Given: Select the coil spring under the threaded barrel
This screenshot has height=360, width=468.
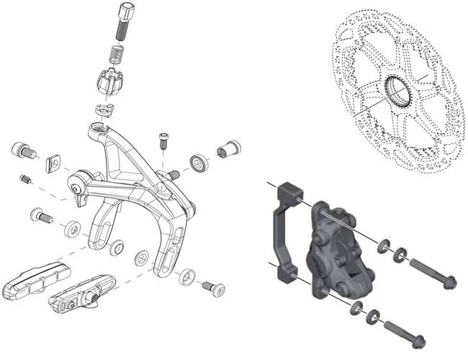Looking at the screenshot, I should [115, 53].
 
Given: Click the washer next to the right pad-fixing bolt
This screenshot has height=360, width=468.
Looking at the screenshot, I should [189, 274].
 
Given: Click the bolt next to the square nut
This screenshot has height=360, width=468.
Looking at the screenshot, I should [23, 152].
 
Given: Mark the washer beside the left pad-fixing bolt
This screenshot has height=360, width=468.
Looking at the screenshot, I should [72, 230].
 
